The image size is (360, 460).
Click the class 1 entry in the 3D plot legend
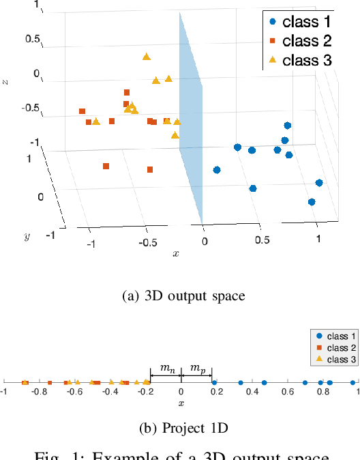coord(299,21)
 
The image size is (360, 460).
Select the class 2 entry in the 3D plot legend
coord(299,40)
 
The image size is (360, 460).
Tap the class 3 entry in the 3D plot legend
coord(299,59)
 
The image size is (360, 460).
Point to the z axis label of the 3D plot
coord(6,82)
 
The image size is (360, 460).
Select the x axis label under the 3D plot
coord(176,254)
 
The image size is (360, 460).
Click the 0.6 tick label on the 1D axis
coord(289,392)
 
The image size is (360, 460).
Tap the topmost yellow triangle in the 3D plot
coord(146,57)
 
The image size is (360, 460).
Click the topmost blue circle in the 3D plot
coord(288,126)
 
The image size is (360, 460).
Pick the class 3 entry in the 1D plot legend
coord(335,359)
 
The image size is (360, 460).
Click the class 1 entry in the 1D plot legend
coord(335,336)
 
